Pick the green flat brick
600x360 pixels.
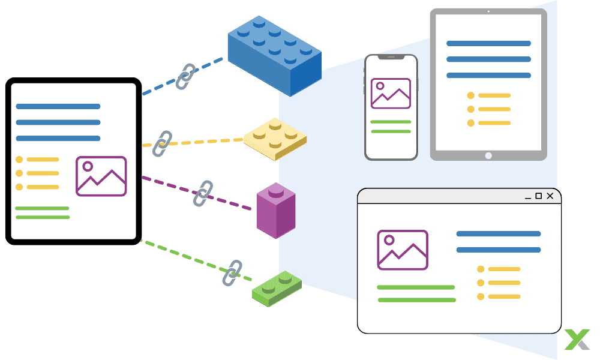pyautogui.click(x=277, y=289)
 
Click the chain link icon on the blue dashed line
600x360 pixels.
pyautogui.click(x=185, y=77)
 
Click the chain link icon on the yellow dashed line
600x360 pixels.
pyautogui.click(x=161, y=144)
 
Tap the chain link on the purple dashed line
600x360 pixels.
pyautogui.click(x=203, y=193)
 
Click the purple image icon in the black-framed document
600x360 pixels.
pyautogui.click(x=101, y=176)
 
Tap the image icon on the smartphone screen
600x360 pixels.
pyautogui.click(x=391, y=94)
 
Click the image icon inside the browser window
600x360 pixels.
pyautogui.click(x=402, y=250)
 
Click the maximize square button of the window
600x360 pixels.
pyautogui.click(x=538, y=196)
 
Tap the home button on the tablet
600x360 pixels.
pyautogui.click(x=488, y=155)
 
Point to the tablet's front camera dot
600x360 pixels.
pyautogui.click(x=488, y=11)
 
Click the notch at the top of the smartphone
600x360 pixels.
pyautogui.click(x=391, y=58)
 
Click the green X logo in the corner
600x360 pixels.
pyautogui.click(x=577, y=340)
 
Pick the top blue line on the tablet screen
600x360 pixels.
pyautogui.click(x=488, y=43)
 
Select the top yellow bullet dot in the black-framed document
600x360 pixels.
pyautogui.click(x=19, y=160)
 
